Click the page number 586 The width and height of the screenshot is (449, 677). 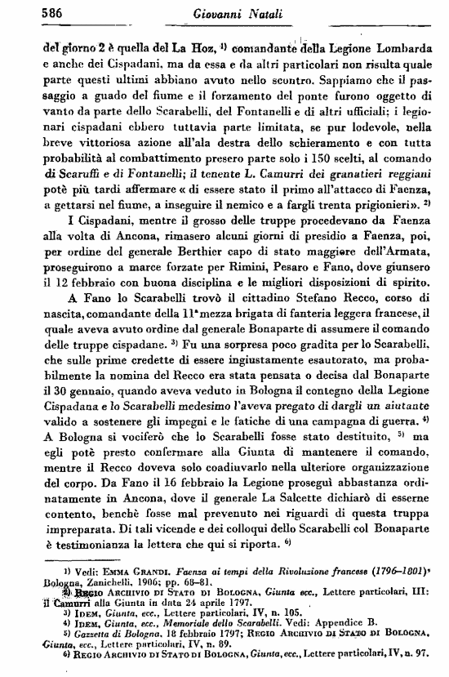point(30,12)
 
